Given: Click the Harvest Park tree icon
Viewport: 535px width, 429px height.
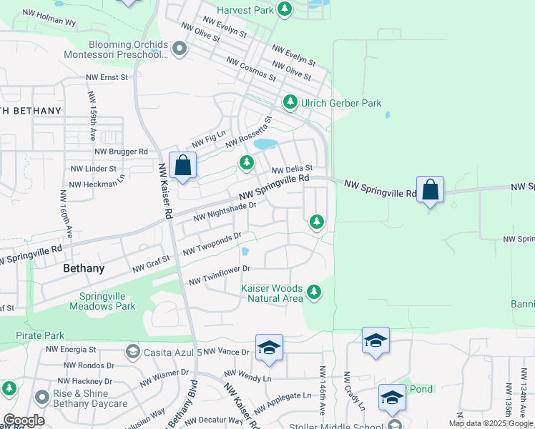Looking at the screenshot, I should (285, 9).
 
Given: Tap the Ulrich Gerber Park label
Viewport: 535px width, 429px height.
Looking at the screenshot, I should (341, 103).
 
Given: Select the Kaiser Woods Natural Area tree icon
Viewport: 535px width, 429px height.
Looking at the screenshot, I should (313, 291).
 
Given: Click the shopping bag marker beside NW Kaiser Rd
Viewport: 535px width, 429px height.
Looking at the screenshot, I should (183, 165).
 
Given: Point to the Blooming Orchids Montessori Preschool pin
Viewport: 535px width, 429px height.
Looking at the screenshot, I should (179, 49).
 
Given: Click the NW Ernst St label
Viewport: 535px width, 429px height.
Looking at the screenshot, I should (107, 77).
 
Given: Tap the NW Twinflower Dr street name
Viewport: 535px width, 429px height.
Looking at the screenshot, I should (218, 275).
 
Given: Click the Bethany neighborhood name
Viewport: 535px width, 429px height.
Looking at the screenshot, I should (84, 269).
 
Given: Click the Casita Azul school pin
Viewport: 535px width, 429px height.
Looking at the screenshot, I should (132, 351).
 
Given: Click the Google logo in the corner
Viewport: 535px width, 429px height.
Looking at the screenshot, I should (24, 420).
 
